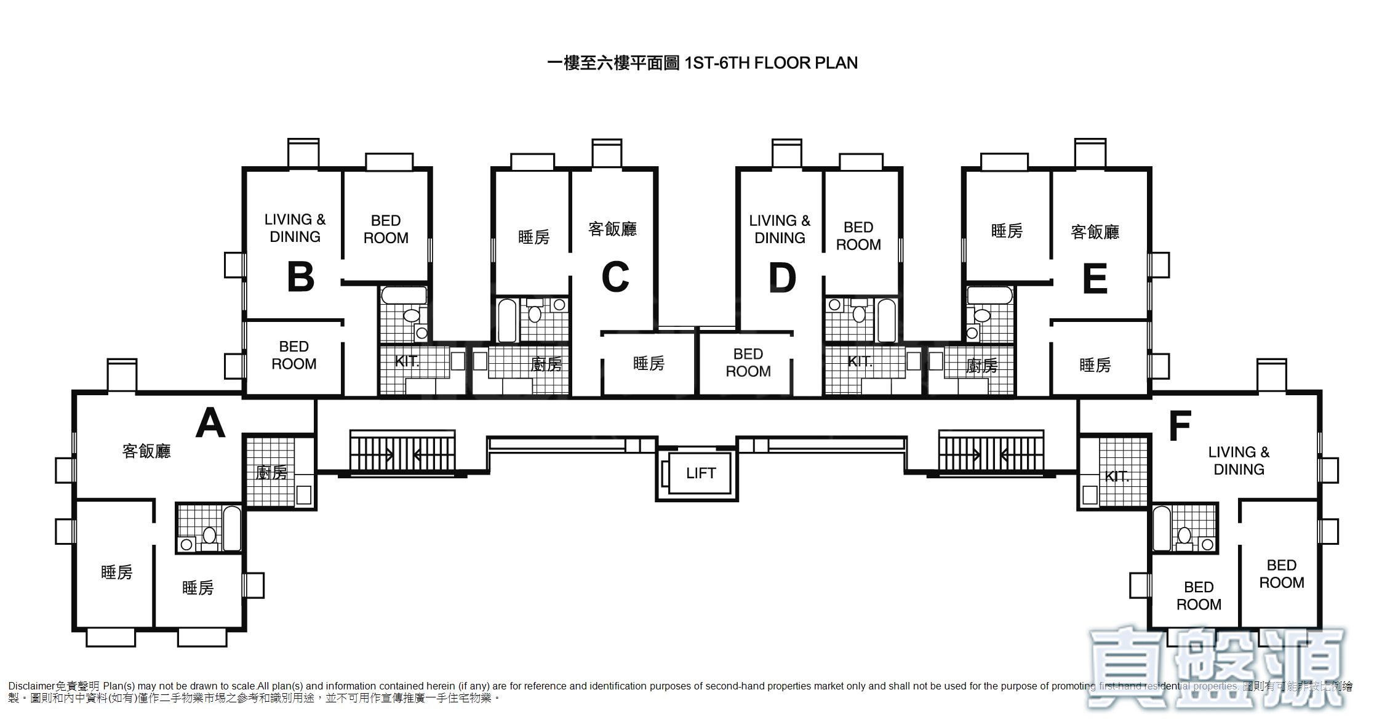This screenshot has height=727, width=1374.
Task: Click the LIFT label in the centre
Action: coord(701,473)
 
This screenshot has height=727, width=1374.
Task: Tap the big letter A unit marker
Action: coord(210,424)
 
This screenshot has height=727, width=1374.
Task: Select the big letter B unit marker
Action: coord(301,277)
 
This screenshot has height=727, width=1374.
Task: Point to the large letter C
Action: coord(615,277)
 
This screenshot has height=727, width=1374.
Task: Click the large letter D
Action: coord(782,277)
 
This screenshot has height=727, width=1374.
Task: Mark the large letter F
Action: coord(1180,426)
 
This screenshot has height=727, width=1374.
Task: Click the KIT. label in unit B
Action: coord(407,361)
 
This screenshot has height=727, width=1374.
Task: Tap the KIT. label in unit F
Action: coord(1117,476)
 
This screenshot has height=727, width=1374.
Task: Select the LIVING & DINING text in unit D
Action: coord(780,229)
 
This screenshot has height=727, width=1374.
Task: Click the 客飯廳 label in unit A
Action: coord(146,451)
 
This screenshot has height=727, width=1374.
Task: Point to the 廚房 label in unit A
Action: coord(271,473)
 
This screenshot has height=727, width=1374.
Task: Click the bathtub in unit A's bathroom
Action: coord(232,528)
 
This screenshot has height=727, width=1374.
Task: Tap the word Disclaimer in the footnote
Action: coord(31,686)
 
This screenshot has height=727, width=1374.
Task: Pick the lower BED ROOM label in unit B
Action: coord(294,355)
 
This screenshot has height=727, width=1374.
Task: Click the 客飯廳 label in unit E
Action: coord(1095,232)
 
